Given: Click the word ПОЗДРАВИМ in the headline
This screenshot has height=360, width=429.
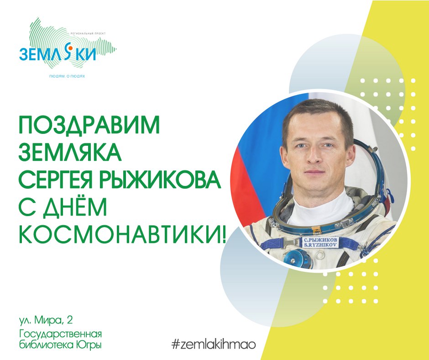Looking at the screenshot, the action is [x=89, y=125].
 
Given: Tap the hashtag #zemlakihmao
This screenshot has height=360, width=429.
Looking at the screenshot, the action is [x=214, y=344].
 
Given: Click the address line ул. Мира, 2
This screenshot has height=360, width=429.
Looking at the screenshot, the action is [x=46, y=320].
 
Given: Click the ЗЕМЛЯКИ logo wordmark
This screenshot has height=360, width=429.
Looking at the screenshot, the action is [x=58, y=54].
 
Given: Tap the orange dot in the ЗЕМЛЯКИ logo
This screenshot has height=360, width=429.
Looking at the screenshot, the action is [x=70, y=48].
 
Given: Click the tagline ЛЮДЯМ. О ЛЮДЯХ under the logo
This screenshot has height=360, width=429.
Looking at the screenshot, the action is [x=67, y=76].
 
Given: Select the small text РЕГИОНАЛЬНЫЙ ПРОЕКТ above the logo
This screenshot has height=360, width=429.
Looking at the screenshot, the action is [x=88, y=33].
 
